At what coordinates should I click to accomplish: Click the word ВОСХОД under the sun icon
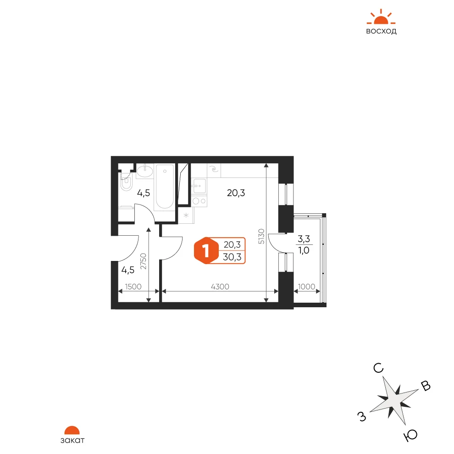coord(381,31)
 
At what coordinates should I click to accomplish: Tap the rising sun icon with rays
coord(381,17)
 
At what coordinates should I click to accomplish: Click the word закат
coord(72,440)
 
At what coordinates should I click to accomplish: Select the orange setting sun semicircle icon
coord(72,430)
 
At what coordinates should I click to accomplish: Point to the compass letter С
coord(378,368)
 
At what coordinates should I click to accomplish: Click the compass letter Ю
coord(411,435)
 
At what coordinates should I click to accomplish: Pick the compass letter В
coord(426,386)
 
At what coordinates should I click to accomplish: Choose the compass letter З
coord(362,417)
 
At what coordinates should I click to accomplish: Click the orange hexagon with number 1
coord(206,250)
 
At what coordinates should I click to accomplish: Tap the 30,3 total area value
coord(232,257)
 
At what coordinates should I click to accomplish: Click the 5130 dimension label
coord(261,236)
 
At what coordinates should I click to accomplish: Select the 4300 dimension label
coord(220,287)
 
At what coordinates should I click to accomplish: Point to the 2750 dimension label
coord(144,261)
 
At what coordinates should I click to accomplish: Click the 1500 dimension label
coord(133,287)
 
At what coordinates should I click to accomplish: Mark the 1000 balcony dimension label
coord(307,287)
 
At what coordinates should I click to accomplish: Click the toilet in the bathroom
coord(126,182)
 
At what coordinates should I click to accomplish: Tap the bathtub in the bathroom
coord(165,187)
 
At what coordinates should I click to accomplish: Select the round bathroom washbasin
coord(144,171)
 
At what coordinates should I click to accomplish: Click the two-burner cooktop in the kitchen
coord(199,201)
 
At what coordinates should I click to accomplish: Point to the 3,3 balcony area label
coord(304,239)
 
